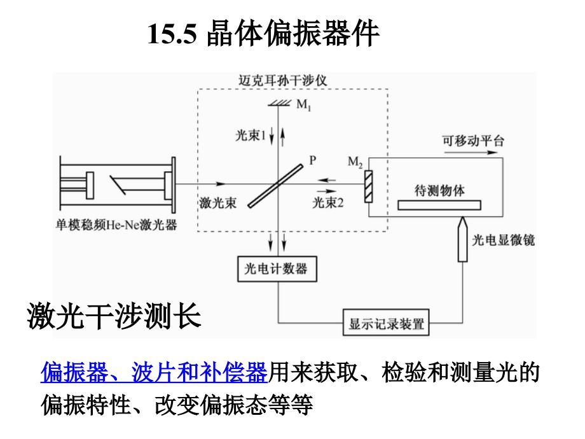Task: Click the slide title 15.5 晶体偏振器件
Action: point(265,34)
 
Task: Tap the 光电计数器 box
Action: point(276,269)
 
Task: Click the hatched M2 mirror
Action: point(368,184)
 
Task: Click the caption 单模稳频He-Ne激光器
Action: point(116,225)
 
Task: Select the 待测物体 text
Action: point(439,190)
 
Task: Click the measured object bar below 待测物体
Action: point(439,206)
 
